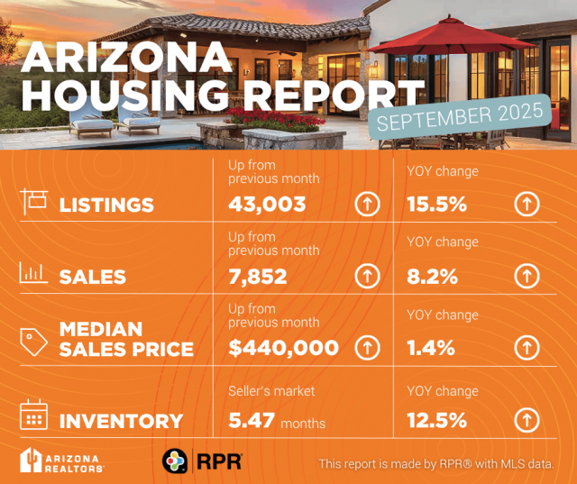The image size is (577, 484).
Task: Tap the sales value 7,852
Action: click(258, 276)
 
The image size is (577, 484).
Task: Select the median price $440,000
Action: click(283, 347)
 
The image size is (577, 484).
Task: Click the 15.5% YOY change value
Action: click(436, 205)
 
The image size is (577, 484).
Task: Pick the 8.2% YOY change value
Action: click(430, 276)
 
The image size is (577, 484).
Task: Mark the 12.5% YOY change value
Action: click(436, 419)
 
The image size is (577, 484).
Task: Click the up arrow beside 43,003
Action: click(366, 205)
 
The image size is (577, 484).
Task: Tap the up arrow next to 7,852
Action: click(366, 276)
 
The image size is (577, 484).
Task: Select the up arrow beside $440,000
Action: click(366, 347)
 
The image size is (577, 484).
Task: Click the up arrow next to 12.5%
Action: click(527, 419)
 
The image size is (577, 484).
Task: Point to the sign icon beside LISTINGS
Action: click(32, 200)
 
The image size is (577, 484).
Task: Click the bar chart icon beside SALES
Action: click(32, 273)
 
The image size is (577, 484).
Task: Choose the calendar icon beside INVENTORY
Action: click(32, 415)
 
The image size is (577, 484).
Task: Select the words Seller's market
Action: click(270, 390)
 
